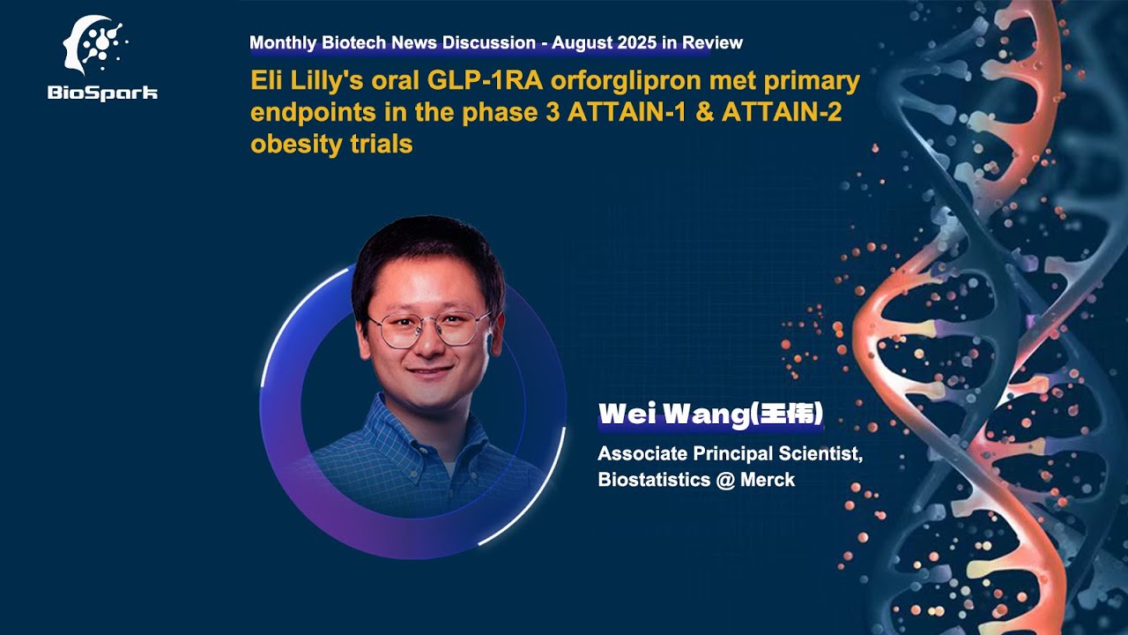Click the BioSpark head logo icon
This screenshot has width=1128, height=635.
[x=95, y=48]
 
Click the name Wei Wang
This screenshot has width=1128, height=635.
[x=672, y=415]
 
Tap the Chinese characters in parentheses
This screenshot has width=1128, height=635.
[x=786, y=415]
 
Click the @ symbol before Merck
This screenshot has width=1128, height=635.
[x=724, y=480]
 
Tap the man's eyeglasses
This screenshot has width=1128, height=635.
[x=428, y=329]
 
